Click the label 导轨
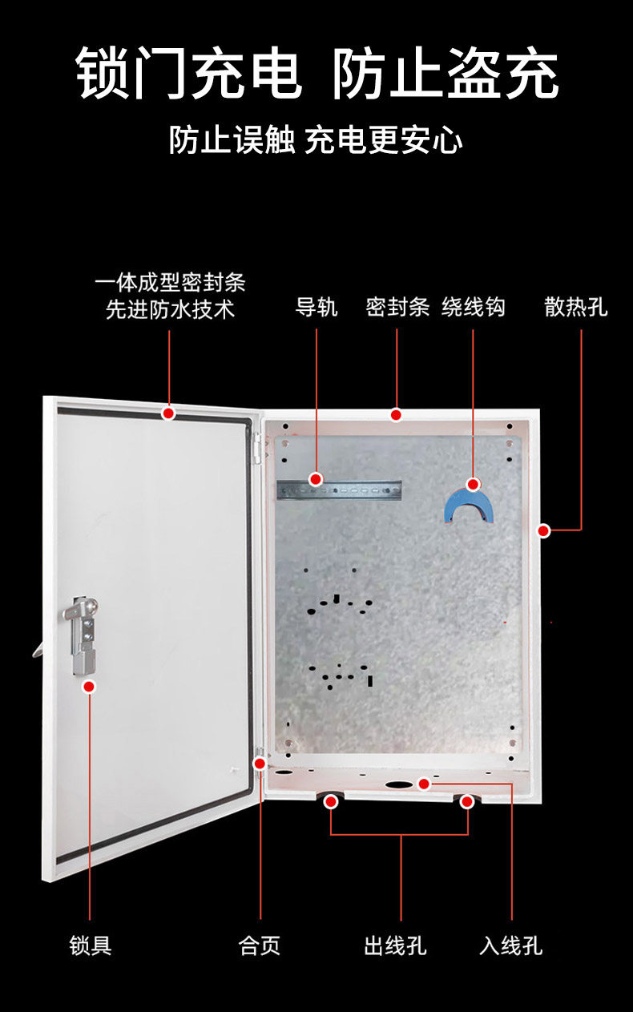[x=316, y=308]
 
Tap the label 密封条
[x=397, y=308]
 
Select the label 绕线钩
[x=473, y=308]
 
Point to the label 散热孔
[x=576, y=308]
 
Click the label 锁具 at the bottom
[x=90, y=946]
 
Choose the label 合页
[x=260, y=946]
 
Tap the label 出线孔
[x=395, y=946]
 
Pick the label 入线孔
[x=510, y=946]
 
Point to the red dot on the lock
[x=90, y=687]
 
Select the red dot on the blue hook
[x=473, y=484]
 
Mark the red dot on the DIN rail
[x=316, y=479]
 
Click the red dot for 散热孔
[x=543, y=530]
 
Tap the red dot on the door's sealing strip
[x=168, y=413]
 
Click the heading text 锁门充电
[x=189, y=75]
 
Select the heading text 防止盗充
[x=446, y=75]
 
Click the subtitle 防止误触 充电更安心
[x=316, y=140]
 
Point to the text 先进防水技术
[x=170, y=310]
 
